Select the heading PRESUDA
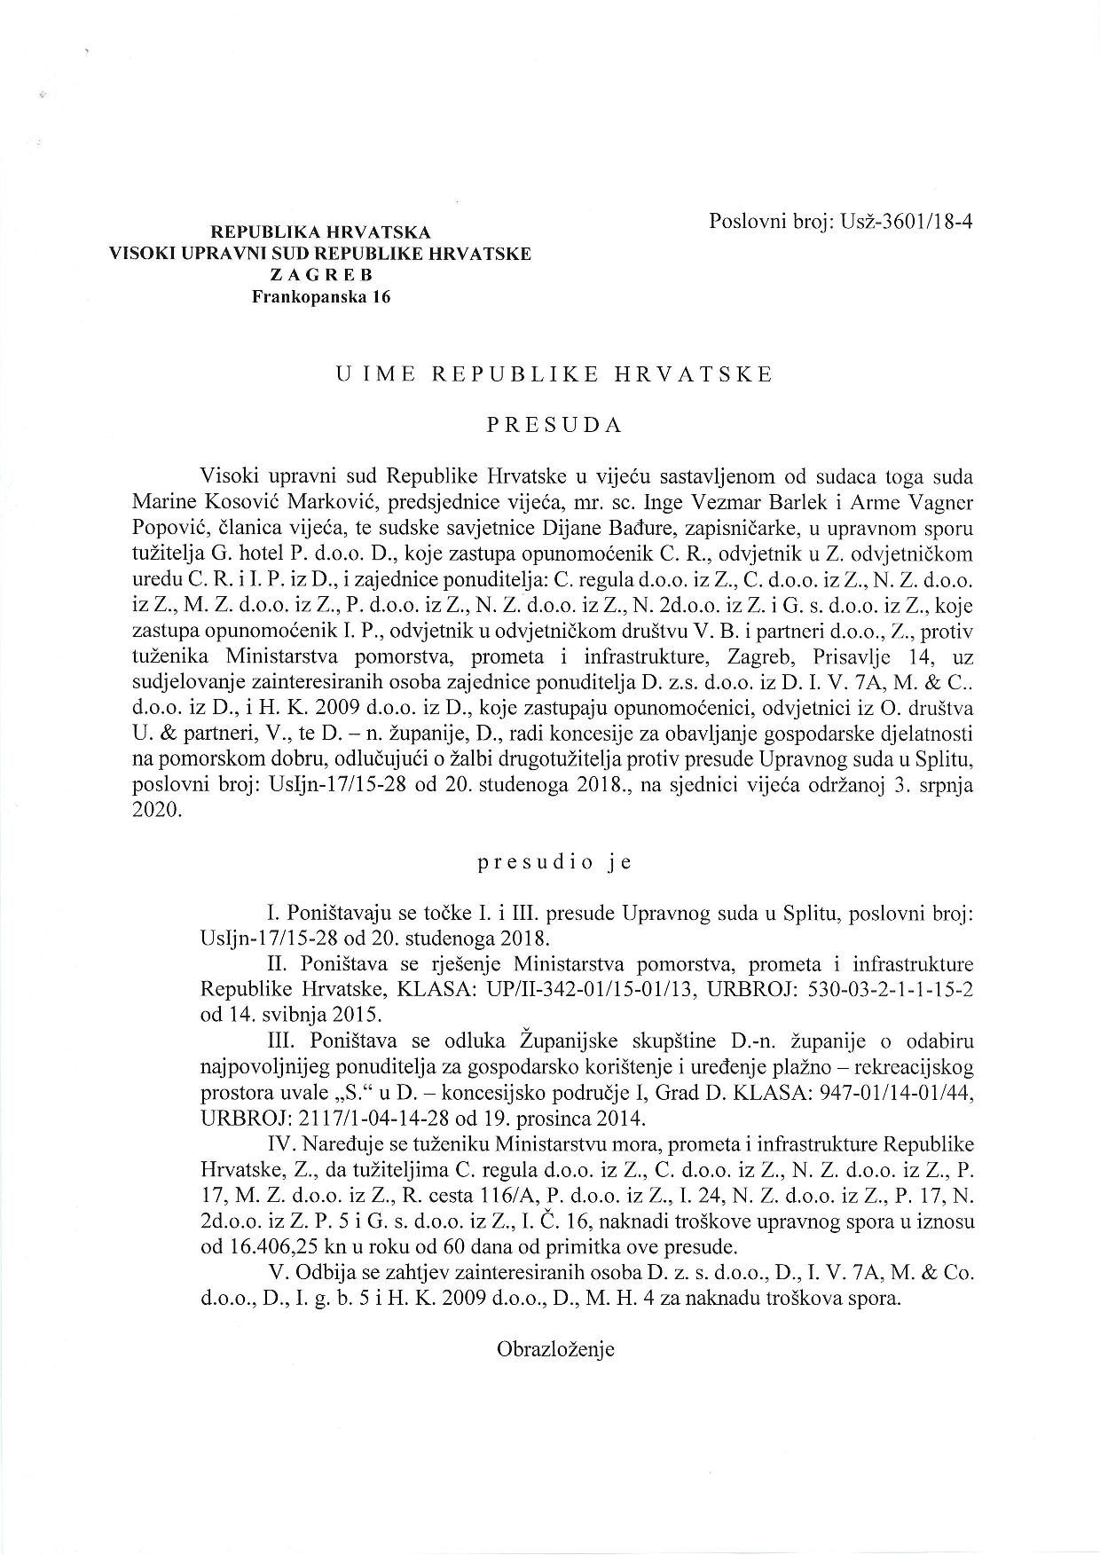coord(554,424)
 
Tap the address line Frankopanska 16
coord(320,297)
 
